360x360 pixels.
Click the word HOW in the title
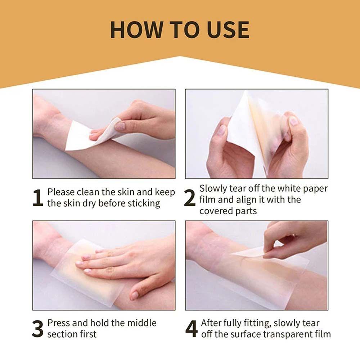(132, 30)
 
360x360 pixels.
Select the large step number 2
(190, 199)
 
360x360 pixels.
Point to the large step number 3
(37, 328)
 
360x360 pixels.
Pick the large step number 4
(191, 328)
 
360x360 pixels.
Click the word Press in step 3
(59, 323)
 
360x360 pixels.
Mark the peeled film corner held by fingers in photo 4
(252, 252)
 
